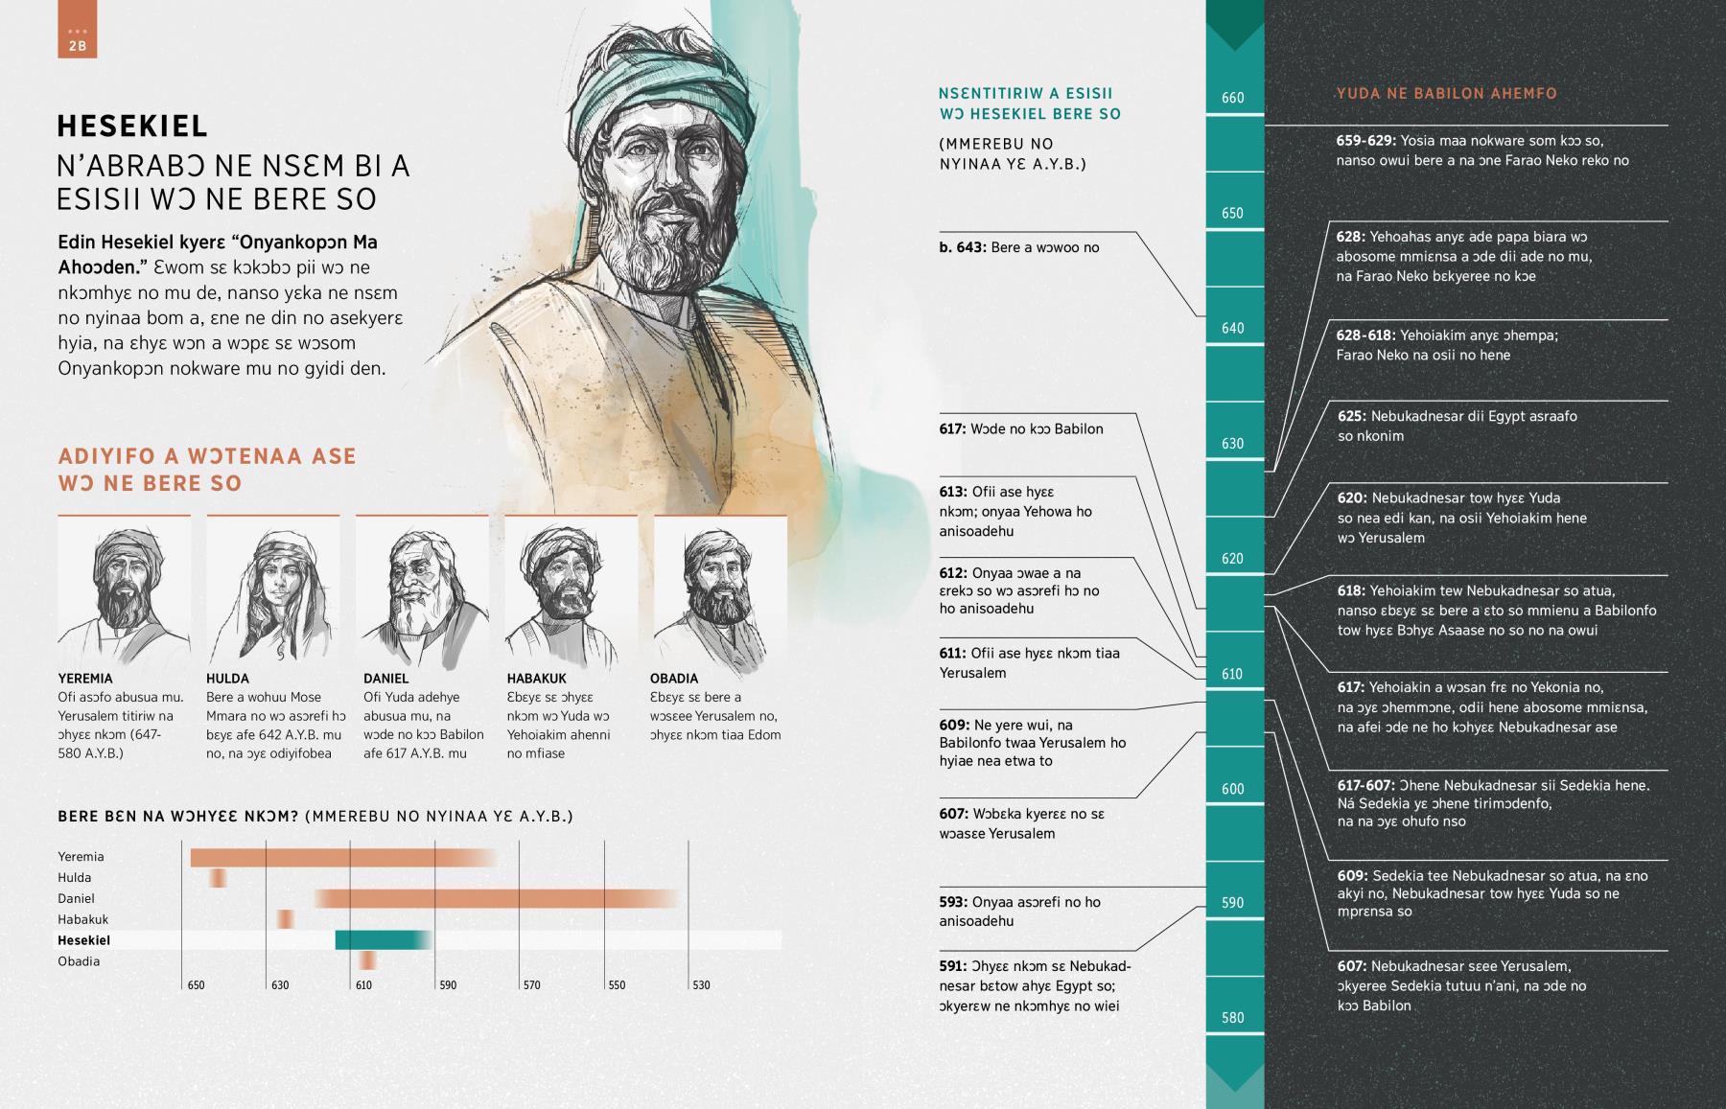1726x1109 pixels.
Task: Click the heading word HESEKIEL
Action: point(132,127)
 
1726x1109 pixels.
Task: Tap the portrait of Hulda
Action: point(272,588)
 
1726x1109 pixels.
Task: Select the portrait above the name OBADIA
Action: point(719,588)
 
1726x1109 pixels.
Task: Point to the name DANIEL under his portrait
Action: point(385,679)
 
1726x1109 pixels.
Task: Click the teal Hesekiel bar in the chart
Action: point(382,940)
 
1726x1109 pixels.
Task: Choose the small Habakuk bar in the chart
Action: point(286,919)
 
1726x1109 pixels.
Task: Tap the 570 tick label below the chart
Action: point(531,985)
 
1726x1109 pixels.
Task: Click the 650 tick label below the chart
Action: point(196,985)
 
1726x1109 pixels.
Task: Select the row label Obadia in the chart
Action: point(79,961)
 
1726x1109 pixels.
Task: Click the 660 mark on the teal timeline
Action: point(1233,98)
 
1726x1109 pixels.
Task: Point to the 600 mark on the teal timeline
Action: point(1233,789)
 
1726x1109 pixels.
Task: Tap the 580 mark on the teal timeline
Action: point(1233,1018)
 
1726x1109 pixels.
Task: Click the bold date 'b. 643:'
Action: point(962,247)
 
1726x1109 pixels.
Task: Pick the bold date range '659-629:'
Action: point(1365,141)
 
